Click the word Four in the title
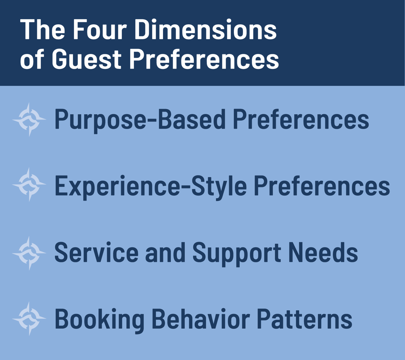[x=100, y=30]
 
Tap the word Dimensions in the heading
[x=205, y=30]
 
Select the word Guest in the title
[x=86, y=59]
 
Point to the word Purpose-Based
[x=140, y=120]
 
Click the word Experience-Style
[x=151, y=186]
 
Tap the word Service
[x=96, y=252]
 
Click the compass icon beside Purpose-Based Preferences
[x=29, y=120]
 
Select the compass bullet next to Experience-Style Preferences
[x=29, y=185]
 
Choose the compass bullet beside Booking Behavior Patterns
[x=29, y=318]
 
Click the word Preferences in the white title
[x=204, y=59]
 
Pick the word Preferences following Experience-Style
[x=322, y=186]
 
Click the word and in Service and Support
[x=165, y=252]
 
